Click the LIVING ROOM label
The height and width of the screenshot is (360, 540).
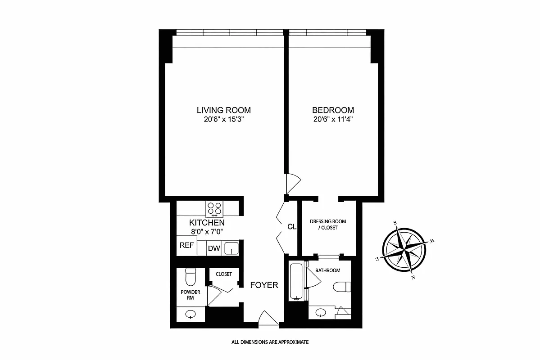[x=223, y=110]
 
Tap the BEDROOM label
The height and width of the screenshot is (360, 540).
[x=333, y=110]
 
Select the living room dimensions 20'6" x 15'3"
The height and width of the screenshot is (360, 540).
[x=223, y=120]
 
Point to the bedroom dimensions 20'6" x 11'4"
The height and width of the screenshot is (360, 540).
[x=333, y=120]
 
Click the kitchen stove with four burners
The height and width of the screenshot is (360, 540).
[x=214, y=208]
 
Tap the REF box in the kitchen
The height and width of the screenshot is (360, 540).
[x=186, y=246]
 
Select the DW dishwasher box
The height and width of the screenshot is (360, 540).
[x=213, y=248]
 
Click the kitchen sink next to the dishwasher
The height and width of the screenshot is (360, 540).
[x=231, y=248]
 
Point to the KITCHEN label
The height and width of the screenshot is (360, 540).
[x=207, y=223]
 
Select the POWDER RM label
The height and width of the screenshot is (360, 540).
[x=190, y=295]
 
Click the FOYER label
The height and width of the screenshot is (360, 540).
[x=264, y=285]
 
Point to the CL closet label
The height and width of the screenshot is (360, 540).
[x=292, y=227]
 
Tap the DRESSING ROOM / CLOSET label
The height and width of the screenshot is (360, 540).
[x=327, y=225]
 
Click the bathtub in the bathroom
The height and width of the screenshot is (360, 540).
[x=296, y=282]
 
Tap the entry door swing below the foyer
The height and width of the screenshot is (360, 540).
[x=268, y=318]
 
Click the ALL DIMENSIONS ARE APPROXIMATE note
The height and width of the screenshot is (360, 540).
[x=270, y=342]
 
